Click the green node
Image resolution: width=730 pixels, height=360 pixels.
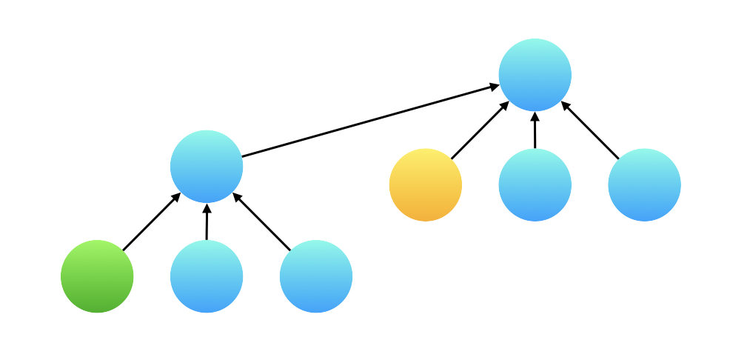click(97, 276)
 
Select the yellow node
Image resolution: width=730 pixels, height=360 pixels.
click(426, 184)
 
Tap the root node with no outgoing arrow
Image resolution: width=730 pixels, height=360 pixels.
click(535, 75)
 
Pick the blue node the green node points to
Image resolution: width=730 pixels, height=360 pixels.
click(207, 167)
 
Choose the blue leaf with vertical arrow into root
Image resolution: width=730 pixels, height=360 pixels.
click(535, 184)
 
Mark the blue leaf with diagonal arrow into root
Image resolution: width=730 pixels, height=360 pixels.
click(644, 184)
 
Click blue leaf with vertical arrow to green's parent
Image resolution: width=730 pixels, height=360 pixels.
click(207, 276)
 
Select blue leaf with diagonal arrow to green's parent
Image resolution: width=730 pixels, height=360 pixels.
click(316, 276)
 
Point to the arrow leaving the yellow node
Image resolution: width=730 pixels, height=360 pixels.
click(480, 130)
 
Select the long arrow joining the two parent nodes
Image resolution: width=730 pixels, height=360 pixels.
click(370, 121)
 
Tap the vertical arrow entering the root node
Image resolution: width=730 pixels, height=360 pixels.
click(535, 130)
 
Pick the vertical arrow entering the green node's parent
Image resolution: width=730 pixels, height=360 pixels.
click(207, 222)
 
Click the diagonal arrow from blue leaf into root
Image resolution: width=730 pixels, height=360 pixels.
click(590, 130)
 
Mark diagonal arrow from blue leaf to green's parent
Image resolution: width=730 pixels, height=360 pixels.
click(262, 222)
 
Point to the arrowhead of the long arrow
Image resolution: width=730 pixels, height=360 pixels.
click(495, 87)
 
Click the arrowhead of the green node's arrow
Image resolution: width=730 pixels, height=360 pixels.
click(177, 196)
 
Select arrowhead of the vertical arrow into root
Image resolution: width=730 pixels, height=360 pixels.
click(535, 116)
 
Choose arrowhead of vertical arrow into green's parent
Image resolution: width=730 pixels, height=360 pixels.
click(207, 208)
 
